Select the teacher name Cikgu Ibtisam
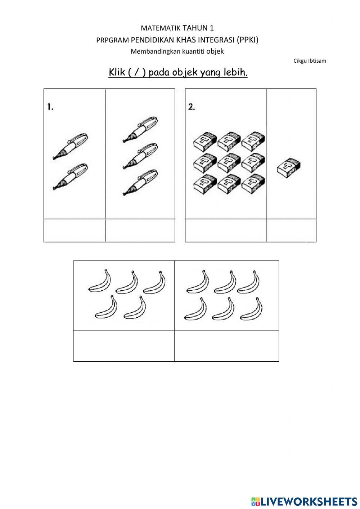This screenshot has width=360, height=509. [x=310, y=61]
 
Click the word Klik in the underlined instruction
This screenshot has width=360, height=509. [x=117, y=72]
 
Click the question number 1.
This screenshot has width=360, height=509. [x=50, y=107]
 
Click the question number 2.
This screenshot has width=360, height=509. [x=192, y=107]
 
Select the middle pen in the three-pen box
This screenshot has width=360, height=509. [x=140, y=156]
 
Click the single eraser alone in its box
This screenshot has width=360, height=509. [x=289, y=168]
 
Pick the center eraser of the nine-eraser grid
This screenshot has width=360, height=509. [x=229, y=163]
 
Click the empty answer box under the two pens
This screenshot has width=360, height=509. [x=75, y=231]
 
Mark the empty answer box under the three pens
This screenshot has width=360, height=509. [x=140, y=231]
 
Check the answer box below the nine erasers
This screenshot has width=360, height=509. [x=226, y=231]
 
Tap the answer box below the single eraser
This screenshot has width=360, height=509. [x=291, y=231]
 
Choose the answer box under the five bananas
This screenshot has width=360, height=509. [x=124, y=346]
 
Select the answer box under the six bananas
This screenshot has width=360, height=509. [x=226, y=346]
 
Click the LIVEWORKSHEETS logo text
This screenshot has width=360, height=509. [x=308, y=501]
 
